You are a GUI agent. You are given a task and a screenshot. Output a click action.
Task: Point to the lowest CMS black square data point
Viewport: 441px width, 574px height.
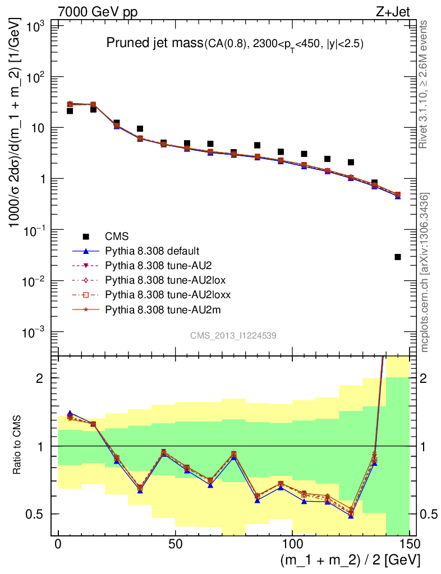tap(398, 257)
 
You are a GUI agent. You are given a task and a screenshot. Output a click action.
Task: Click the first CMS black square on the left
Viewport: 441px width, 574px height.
tap(70, 111)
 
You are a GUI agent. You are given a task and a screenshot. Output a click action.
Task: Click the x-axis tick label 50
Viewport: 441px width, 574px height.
tap(175, 544)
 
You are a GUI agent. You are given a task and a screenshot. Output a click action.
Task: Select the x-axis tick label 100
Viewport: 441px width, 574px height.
tap(292, 544)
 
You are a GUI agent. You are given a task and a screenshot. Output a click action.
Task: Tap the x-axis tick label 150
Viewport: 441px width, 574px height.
tap(409, 544)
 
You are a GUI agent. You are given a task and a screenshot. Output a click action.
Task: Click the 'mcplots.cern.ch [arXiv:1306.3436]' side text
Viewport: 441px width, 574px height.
tap(425, 272)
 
